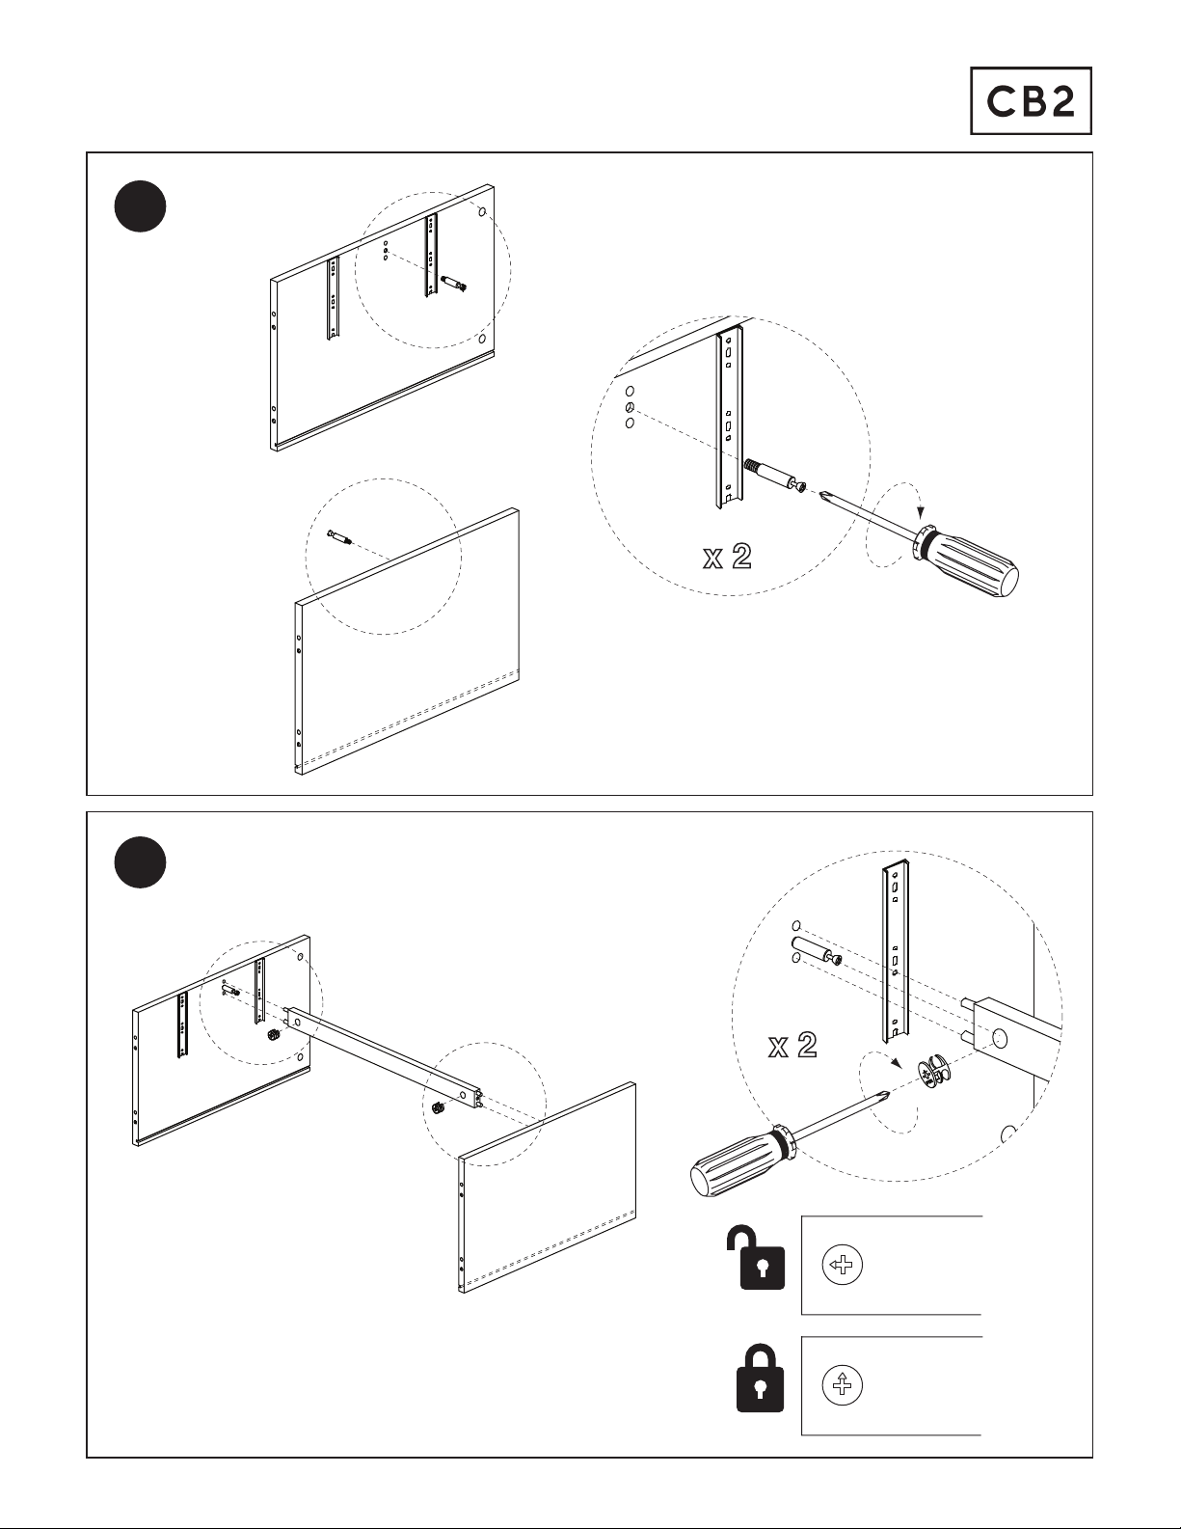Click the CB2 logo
click(x=1030, y=100)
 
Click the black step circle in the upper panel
click(x=140, y=205)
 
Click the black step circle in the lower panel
click(x=140, y=862)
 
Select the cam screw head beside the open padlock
click(x=842, y=1265)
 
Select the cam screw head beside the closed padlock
click(x=842, y=1386)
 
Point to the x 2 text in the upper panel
click(x=727, y=558)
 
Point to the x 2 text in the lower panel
click(x=792, y=1046)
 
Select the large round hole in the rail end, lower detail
click(x=999, y=1039)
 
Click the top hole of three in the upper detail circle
click(x=629, y=392)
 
